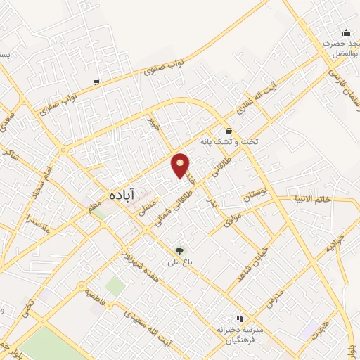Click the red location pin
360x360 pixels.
point(181,165)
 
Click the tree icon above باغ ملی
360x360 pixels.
point(179,251)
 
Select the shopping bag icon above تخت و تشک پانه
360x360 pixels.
point(229,131)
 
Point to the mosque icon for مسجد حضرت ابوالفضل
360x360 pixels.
point(346,32)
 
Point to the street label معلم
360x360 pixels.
point(94,206)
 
